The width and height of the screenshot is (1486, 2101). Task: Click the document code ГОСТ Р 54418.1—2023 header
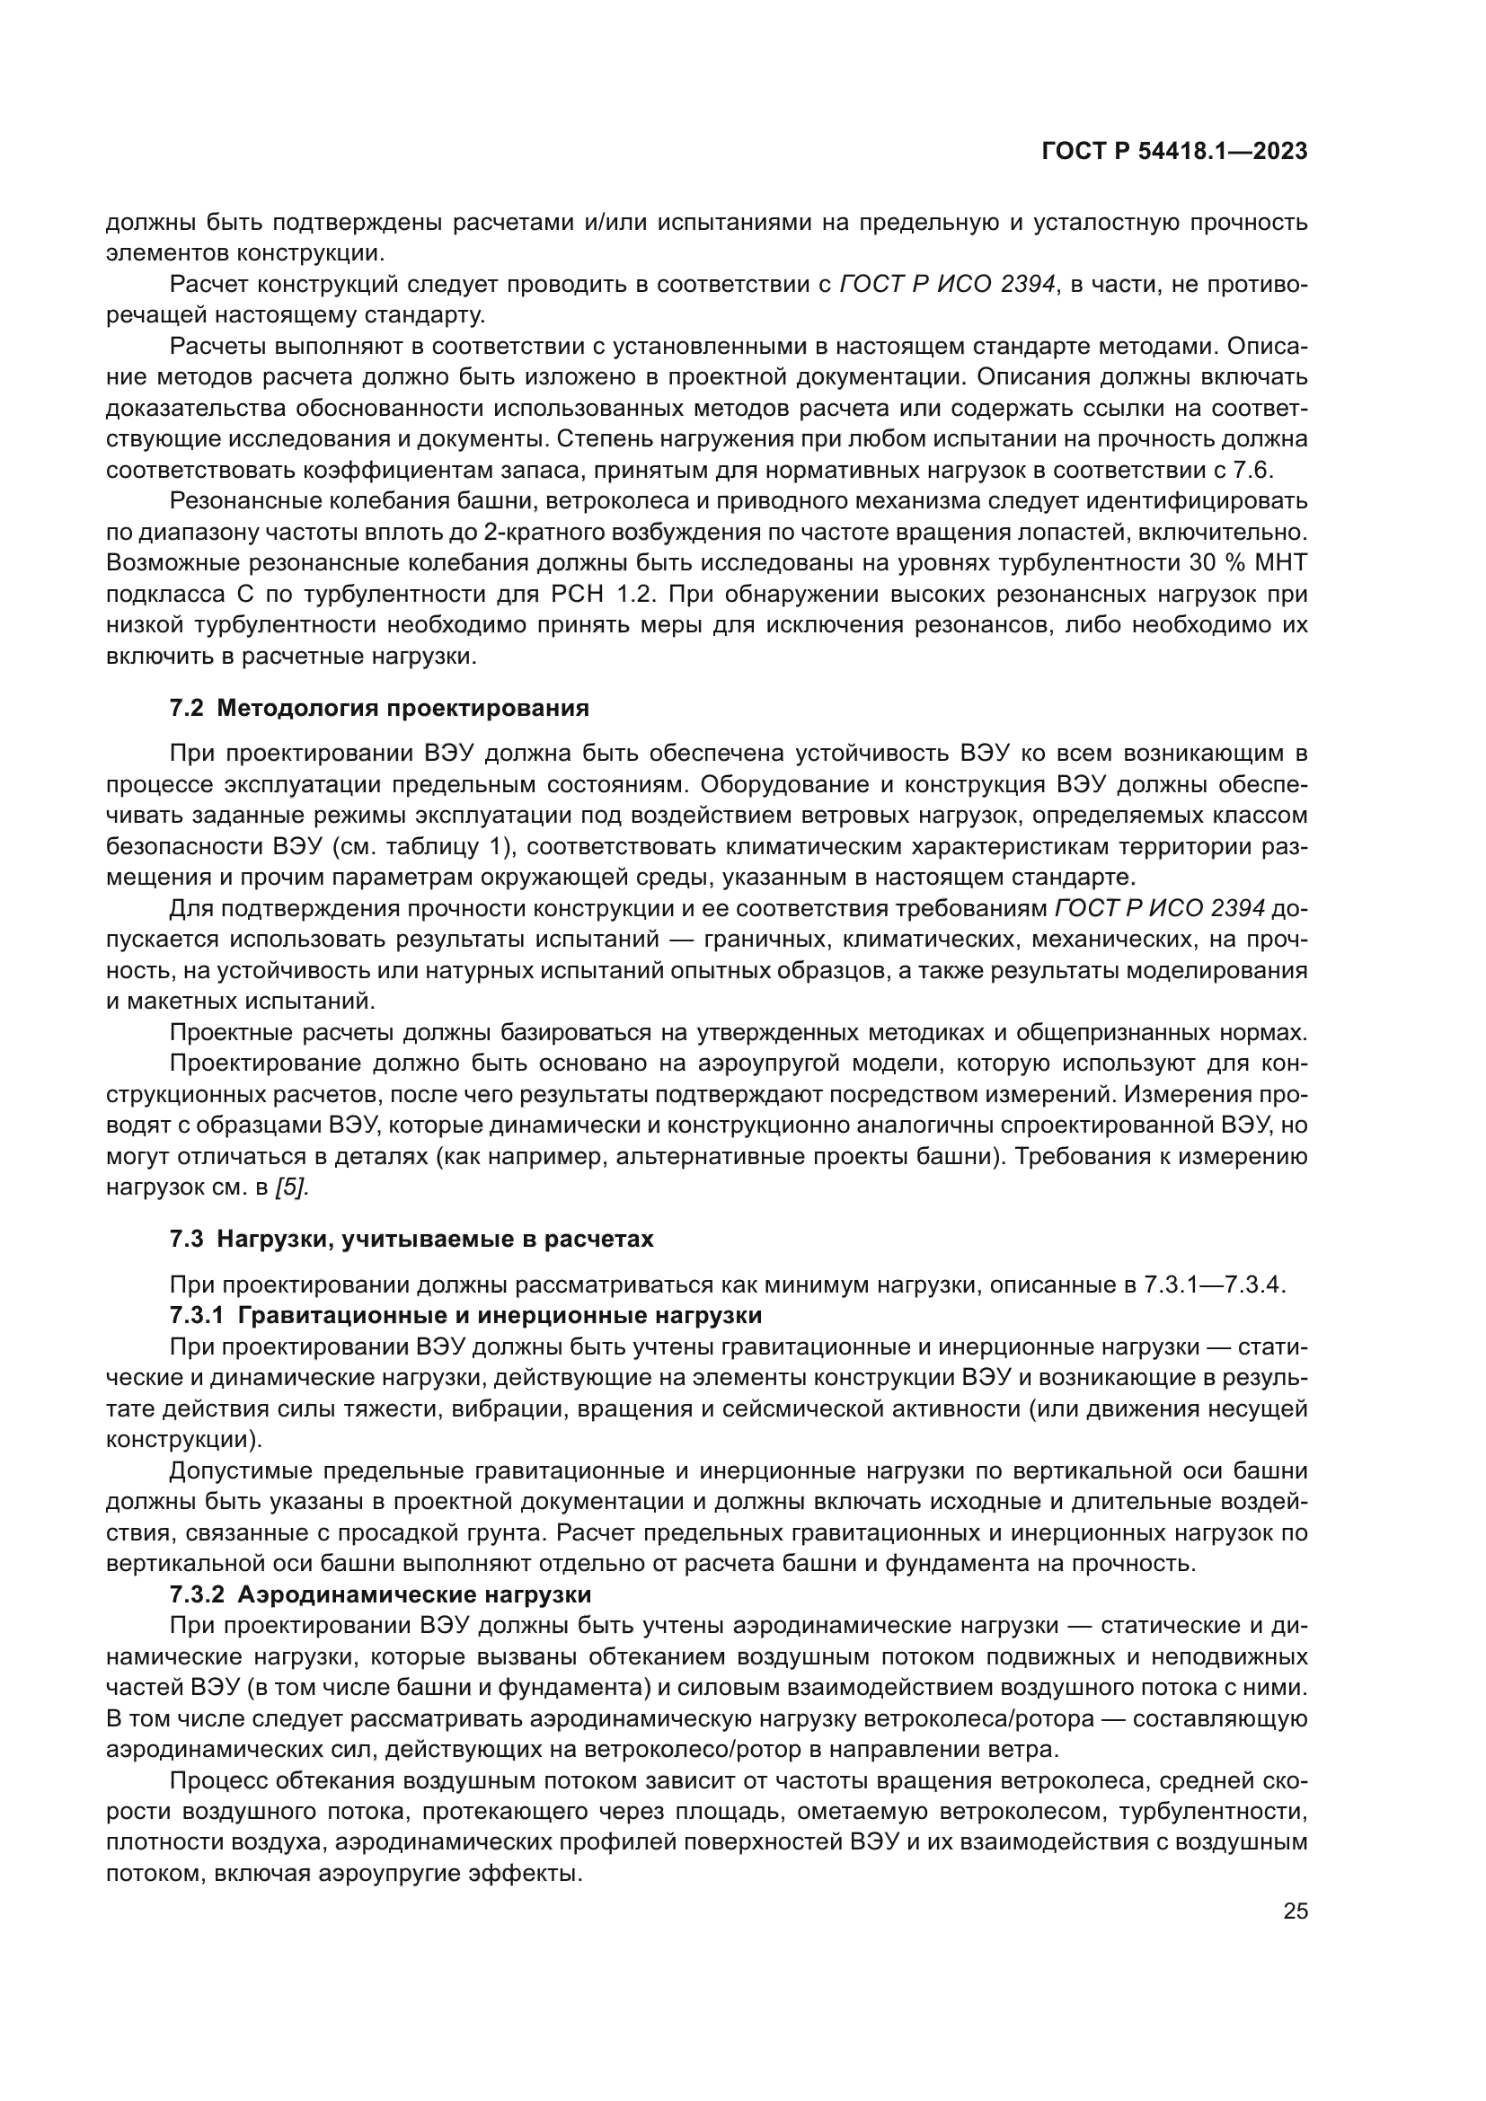pyautogui.click(x=1174, y=152)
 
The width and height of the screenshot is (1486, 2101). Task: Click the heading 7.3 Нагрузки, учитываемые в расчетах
pyautogui.click(x=411, y=1239)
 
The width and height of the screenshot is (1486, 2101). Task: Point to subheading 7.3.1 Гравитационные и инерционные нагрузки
pyautogui.click(x=465, y=1316)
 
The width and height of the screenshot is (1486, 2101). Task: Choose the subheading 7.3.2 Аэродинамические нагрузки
pyautogui.click(x=380, y=1594)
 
